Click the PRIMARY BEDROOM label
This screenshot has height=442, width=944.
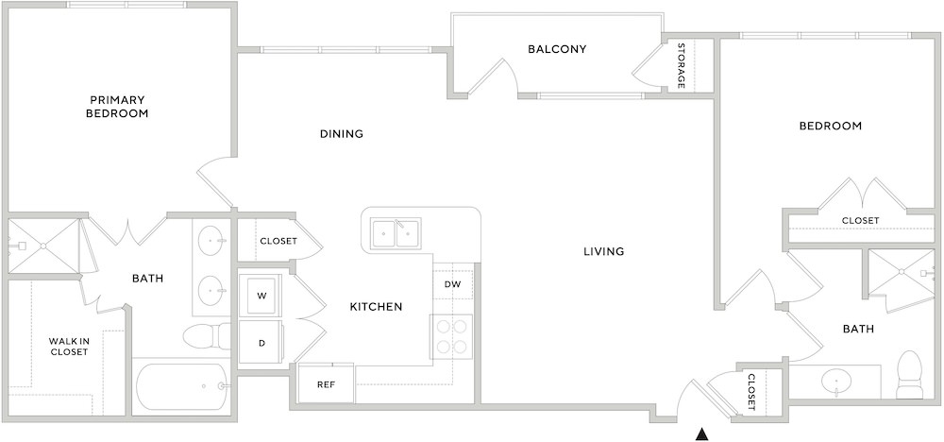point(117,106)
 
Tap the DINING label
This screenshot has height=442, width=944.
point(342,134)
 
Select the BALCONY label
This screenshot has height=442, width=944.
point(557,49)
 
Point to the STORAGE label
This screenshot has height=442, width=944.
point(681,65)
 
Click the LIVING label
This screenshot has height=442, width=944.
point(604,251)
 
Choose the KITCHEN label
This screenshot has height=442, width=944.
point(376,307)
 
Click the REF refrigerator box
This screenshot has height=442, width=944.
point(327,383)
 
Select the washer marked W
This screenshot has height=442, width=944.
point(261,295)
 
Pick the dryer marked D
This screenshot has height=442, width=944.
point(261,342)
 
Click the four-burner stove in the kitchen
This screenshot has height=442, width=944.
point(451,336)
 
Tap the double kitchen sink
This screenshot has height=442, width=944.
point(396,233)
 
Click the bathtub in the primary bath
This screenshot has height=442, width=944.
point(181,386)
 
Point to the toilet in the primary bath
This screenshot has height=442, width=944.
point(207,336)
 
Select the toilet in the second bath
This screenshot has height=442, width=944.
point(909,374)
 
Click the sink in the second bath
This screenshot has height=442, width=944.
point(836,381)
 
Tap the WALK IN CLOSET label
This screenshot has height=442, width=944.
point(69,347)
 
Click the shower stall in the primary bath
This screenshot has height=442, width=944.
point(43,246)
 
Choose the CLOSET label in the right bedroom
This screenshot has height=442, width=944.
point(860,221)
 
